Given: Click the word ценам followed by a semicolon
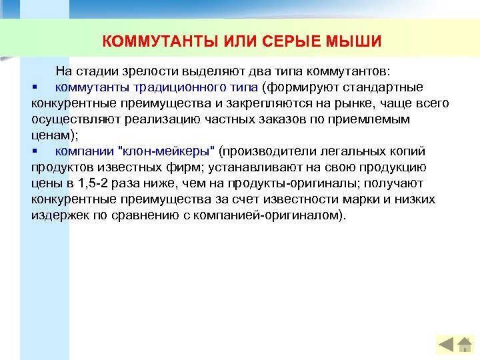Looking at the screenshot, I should [x=53, y=135].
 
